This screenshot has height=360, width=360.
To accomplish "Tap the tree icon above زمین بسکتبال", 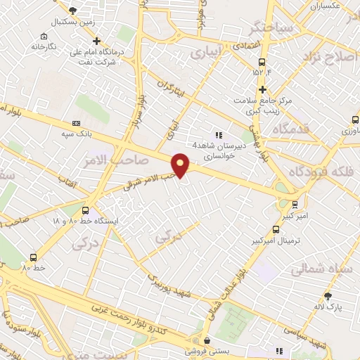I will coord(73,11).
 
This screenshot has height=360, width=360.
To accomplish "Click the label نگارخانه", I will coord(43,46).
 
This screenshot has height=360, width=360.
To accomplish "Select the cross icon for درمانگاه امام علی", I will coord(97,41).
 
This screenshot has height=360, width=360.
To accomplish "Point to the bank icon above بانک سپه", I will coord(76,123).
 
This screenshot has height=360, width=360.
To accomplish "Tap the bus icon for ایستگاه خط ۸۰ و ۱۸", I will coord(85,210).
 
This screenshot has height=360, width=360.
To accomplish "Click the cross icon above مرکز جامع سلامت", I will coord(262,89).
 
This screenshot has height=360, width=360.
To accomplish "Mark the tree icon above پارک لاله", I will coord(327,296).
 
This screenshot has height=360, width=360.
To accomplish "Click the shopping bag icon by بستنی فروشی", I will coord(206,340).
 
